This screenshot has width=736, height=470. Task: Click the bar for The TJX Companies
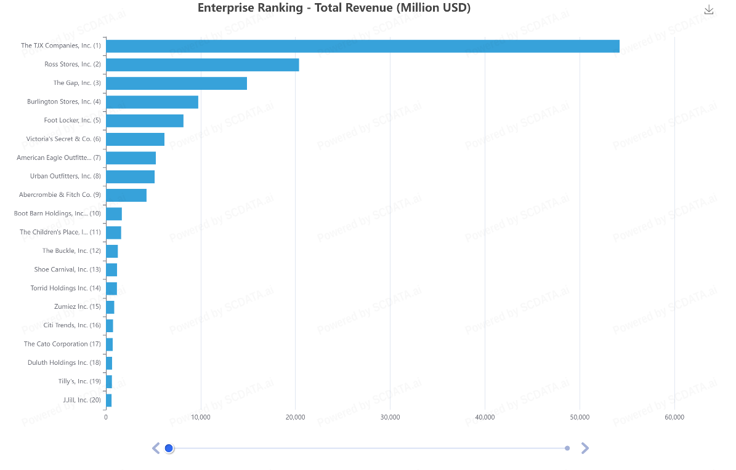point(362,46)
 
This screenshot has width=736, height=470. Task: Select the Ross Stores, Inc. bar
point(202,65)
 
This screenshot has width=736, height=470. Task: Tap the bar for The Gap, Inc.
point(176,83)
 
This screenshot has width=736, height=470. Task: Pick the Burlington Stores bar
point(152,102)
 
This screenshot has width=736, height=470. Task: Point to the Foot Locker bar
point(145,121)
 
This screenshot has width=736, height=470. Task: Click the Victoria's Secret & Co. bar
point(135,139)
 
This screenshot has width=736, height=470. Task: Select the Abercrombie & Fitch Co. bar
point(126,195)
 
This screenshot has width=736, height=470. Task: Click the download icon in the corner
point(709,9)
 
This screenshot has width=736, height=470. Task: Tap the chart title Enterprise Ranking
point(334,8)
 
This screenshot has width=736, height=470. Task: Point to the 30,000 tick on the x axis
point(390,417)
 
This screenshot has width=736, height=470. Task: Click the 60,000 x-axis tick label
point(674,417)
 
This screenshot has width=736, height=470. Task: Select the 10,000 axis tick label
point(201,417)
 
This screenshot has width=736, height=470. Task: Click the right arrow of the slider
point(585,448)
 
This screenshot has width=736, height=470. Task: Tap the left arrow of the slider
point(156,448)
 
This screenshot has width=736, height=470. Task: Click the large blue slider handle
point(169,448)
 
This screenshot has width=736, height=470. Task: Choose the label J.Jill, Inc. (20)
point(81,400)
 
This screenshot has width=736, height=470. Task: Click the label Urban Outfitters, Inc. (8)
point(65,176)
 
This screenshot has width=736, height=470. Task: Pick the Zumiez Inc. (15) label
point(77,306)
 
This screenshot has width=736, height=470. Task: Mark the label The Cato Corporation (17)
point(62,344)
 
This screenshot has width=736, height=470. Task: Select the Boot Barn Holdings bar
point(114,214)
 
